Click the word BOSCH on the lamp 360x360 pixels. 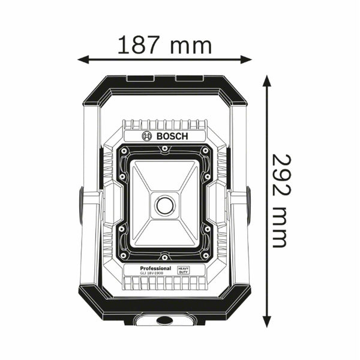click(x=172, y=136)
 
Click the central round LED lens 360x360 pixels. click(x=165, y=205)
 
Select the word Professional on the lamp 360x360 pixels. click(x=155, y=268)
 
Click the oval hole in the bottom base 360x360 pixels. click(x=164, y=320)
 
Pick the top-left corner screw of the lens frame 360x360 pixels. click(x=123, y=151)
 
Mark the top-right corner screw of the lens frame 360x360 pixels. click(x=206, y=151)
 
